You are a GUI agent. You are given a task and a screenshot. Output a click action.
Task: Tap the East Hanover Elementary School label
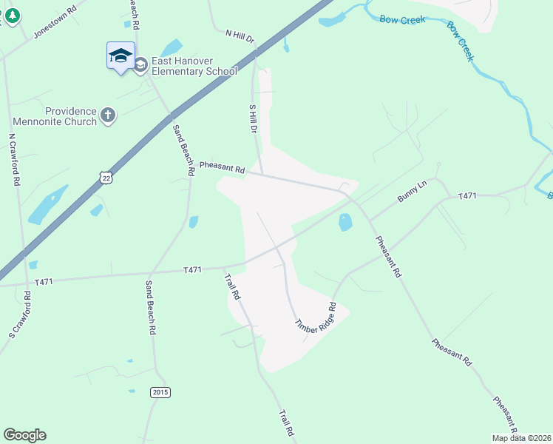click(194, 66)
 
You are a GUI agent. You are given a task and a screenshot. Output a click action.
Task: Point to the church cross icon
click(108, 115)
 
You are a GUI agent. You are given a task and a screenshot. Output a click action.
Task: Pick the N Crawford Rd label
click(13, 159)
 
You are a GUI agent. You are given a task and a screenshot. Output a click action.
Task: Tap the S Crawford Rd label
click(20, 315)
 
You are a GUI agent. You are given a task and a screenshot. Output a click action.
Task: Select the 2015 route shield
click(160, 391)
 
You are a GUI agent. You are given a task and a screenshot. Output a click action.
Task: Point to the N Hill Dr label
click(239, 35)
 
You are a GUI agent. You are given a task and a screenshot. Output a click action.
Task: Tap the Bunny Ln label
click(413, 190)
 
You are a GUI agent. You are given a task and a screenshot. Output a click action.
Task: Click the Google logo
click(24, 435)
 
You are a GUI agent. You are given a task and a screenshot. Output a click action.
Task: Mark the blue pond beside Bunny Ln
click(345, 222)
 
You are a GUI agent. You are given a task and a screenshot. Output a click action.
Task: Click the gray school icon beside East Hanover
click(140, 66)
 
